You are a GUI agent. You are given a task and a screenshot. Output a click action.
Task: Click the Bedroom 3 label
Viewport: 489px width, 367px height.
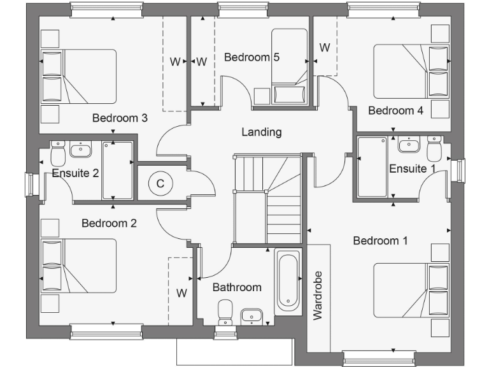click(x=120, y=118)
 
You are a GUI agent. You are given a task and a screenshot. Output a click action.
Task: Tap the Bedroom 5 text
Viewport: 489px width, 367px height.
click(x=252, y=57)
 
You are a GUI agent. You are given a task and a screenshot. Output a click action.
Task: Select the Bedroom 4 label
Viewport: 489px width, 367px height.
click(x=395, y=110)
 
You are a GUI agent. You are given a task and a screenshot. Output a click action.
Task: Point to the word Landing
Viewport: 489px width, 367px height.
click(x=261, y=132)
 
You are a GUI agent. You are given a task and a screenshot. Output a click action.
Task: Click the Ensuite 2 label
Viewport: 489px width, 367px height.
click(x=75, y=172)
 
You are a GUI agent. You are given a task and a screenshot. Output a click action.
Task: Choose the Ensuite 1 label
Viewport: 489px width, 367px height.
click(x=412, y=169)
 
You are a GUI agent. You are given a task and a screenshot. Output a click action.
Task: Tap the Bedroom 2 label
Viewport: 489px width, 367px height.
click(x=109, y=223)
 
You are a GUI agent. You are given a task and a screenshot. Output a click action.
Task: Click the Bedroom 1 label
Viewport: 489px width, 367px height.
click(x=380, y=241)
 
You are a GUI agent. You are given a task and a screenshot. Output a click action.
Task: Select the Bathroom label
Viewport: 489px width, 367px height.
click(x=237, y=287)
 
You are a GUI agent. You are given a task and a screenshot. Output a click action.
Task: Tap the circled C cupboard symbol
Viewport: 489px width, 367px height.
click(x=160, y=183)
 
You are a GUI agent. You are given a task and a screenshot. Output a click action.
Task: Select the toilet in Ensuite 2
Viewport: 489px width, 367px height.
click(x=57, y=152)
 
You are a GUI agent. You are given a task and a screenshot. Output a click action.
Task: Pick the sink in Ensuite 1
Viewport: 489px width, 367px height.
click(x=408, y=145)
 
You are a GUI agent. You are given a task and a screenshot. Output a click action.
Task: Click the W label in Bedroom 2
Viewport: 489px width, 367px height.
click(x=181, y=293)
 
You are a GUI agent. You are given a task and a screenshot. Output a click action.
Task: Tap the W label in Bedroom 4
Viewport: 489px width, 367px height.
click(x=325, y=47)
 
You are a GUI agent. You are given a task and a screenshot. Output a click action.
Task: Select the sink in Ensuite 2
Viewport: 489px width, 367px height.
click(x=80, y=150)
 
